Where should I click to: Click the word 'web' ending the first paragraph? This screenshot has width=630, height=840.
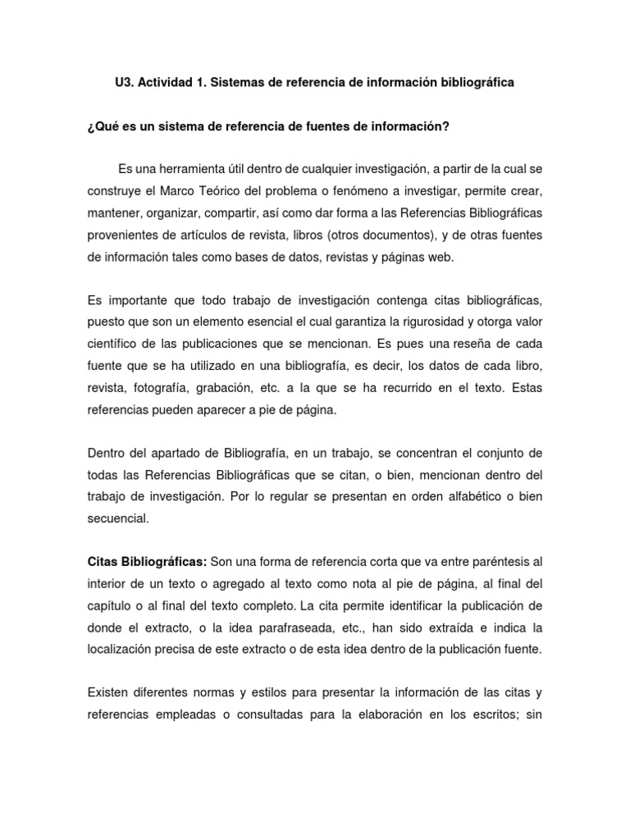tap(439, 256)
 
